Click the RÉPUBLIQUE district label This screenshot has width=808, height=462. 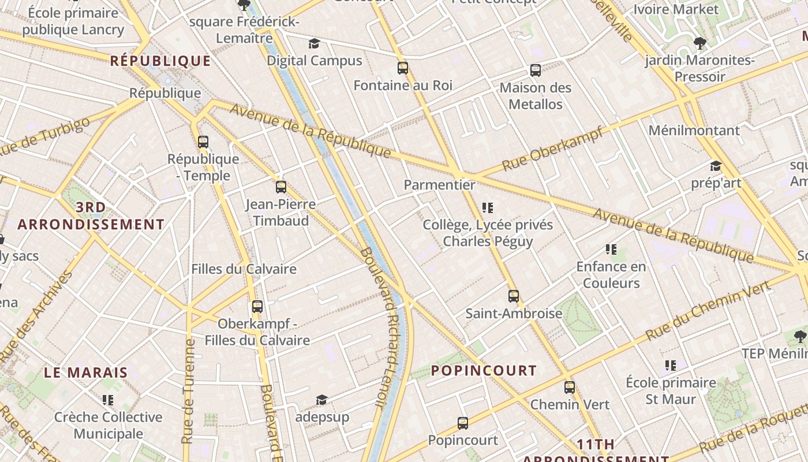[160, 61]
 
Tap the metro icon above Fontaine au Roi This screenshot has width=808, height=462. [403, 68]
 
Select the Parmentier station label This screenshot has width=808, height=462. [440, 185]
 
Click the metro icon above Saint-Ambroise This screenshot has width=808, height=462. [514, 296]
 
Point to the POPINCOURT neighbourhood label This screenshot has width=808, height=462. [484, 371]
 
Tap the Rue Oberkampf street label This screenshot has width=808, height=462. [552, 149]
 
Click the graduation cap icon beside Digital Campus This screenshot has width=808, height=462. [314, 44]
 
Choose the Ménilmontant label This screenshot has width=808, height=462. [694, 131]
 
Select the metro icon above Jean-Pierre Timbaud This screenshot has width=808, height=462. [281, 187]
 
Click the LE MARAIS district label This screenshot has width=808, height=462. [85, 372]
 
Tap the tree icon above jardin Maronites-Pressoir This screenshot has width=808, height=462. [699, 43]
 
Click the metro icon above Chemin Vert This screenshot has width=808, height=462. [570, 388]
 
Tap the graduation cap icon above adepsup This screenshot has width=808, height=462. [321, 400]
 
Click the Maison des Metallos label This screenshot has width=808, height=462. [535, 96]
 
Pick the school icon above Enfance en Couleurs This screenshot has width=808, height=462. [611, 249]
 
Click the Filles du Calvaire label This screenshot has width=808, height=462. [244, 269]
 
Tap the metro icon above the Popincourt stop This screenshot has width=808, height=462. [463, 423]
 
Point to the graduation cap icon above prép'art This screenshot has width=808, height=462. [716, 166]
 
